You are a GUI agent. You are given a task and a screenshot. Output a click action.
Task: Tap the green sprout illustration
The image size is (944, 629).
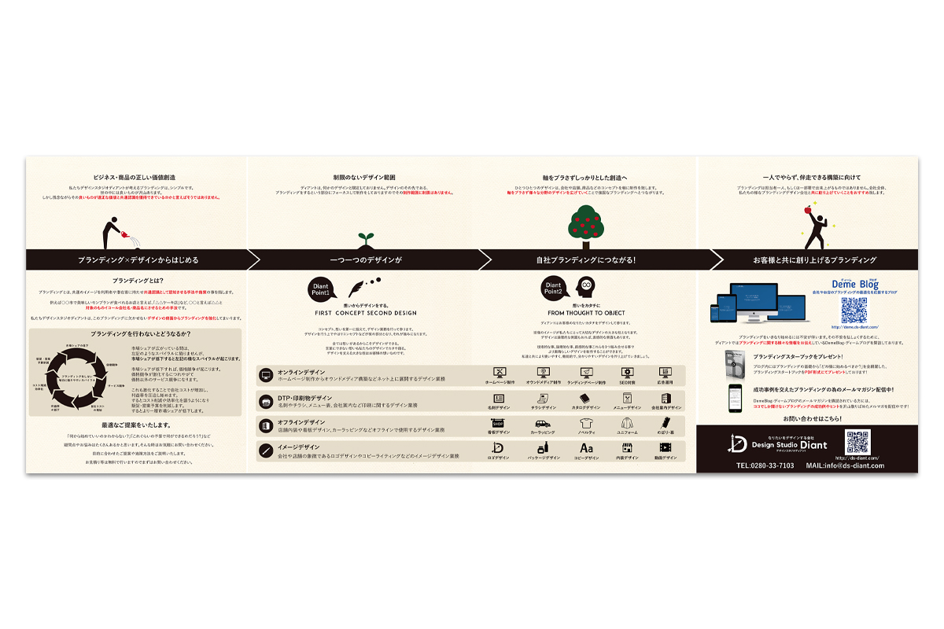(x=364, y=237)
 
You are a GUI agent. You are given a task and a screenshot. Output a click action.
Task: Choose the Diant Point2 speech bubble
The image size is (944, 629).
(x=553, y=289)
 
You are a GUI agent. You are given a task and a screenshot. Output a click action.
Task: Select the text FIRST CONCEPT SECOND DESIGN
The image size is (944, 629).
(x=364, y=313)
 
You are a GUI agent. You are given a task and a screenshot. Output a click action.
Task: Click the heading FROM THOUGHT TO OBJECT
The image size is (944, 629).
(x=587, y=313)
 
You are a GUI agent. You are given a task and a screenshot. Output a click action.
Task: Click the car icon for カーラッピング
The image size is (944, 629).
(x=542, y=424)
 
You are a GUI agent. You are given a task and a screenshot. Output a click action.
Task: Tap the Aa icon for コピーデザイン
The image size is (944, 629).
(x=586, y=448)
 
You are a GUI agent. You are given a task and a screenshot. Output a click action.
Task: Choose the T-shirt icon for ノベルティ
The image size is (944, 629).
(x=585, y=424)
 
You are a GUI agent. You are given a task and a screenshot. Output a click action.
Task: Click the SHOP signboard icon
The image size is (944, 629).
(x=498, y=424)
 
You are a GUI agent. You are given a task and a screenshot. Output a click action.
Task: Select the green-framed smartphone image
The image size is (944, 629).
(x=734, y=397)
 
